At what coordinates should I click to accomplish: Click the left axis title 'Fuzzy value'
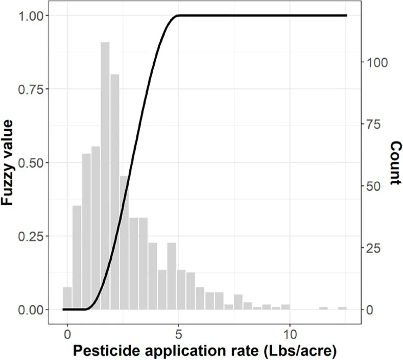[x=14, y=162]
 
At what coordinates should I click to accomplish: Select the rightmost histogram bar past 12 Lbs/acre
[x=342, y=308]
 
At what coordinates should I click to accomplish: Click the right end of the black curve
[x=346, y=16]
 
